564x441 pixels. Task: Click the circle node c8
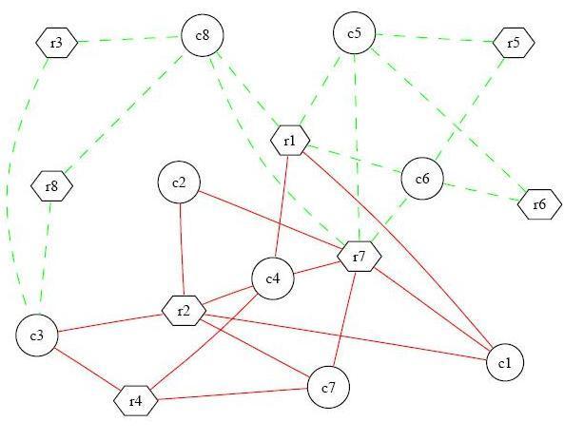pos(203,35)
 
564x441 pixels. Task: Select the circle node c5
pos(355,33)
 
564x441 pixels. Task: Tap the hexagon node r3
pos(57,43)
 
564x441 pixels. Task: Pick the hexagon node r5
pos(514,43)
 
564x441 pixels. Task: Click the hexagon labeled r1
pos(290,141)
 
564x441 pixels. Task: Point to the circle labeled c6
pos(422,179)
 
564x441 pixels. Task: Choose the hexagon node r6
pos(539,204)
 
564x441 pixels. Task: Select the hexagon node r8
pos(51,186)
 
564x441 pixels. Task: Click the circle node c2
pos(179,182)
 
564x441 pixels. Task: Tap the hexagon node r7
pos(359,257)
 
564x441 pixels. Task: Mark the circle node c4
pos(273,278)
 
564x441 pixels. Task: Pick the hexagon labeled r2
pos(184,311)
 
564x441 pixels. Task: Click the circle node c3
pos(37,336)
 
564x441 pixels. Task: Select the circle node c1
pos(505,363)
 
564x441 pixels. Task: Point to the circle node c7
pos(328,387)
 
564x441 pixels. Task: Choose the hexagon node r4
pos(136,401)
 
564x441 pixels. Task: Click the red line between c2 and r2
pos(182,249)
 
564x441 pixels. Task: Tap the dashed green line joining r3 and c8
pos(129,39)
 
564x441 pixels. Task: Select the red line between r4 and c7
pos(233,393)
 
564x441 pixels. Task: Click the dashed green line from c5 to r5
pos(434,38)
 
